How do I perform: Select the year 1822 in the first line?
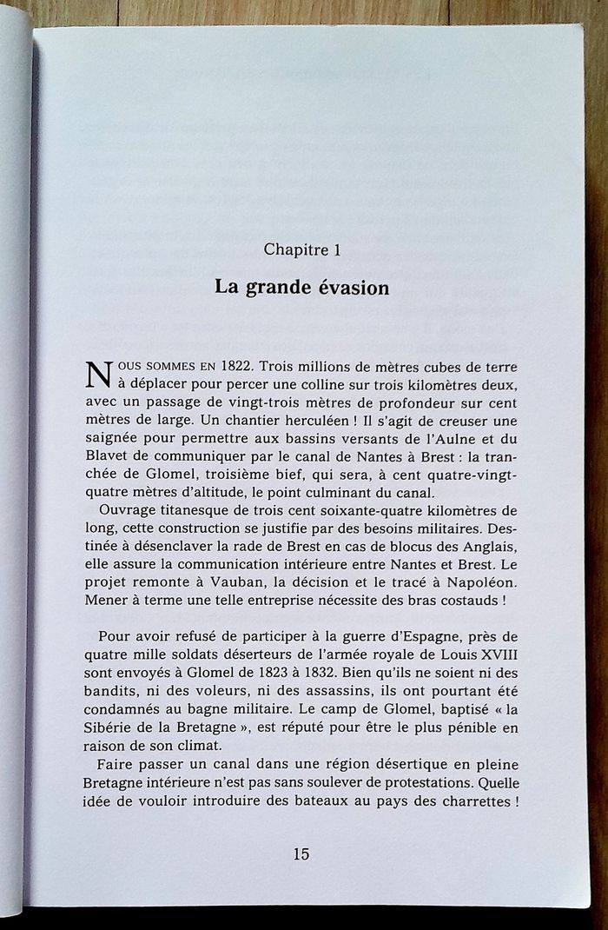tap(239, 367)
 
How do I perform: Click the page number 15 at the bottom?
tap(301, 854)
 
